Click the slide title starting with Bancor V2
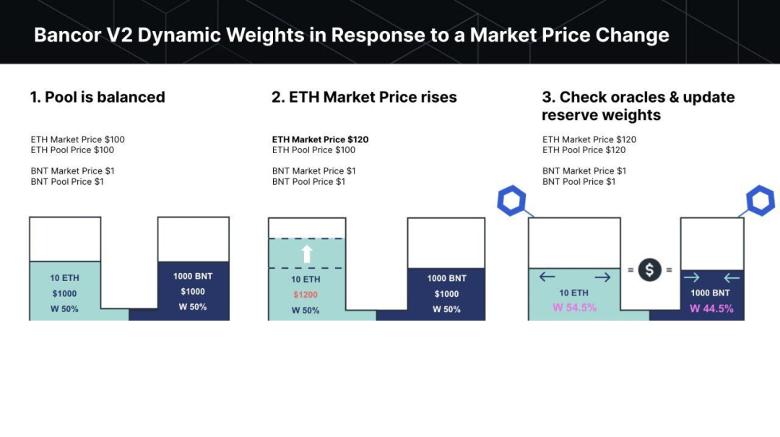click(x=351, y=35)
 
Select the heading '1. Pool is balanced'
click(x=97, y=97)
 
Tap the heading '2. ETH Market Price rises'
click(x=364, y=97)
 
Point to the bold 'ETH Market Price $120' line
click(x=321, y=139)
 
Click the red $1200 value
click(x=305, y=295)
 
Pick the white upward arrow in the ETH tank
click(x=307, y=254)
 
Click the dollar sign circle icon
click(x=650, y=269)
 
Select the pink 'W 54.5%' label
click(x=575, y=308)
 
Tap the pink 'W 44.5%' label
click(x=711, y=308)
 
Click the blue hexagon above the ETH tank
click(x=511, y=201)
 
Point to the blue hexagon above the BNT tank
click(x=760, y=201)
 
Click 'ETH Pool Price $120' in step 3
click(x=584, y=150)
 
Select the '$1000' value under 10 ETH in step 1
click(x=65, y=294)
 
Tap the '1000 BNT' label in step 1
click(x=193, y=276)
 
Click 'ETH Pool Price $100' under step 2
click(x=314, y=150)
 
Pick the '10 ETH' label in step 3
click(x=573, y=293)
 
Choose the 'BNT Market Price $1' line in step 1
click(x=73, y=170)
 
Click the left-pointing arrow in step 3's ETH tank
click(x=547, y=277)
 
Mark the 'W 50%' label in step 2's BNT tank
click(x=447, y=310)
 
